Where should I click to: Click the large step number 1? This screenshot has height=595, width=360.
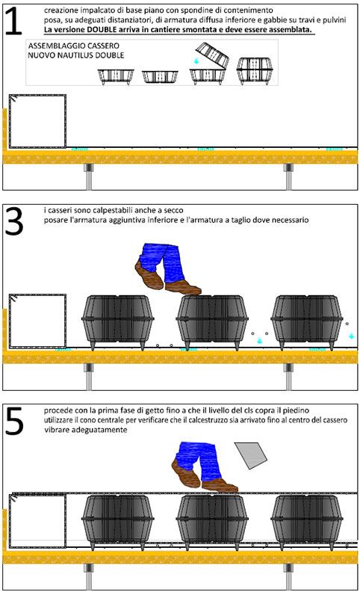point(14,21)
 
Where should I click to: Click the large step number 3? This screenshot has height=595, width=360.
point(13,221)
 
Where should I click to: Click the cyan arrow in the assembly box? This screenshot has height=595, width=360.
point(196,61)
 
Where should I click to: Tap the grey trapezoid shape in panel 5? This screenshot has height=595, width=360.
point(251,455)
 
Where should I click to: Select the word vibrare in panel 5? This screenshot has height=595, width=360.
point(54,430)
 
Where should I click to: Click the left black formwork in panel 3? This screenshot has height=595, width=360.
point(117,321)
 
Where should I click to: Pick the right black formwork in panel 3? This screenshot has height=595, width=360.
point(307,321)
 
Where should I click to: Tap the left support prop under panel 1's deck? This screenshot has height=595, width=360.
point(88,177)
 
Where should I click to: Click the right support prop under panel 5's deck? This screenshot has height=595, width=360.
point(288,577)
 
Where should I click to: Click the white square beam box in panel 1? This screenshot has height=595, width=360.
point(37,121)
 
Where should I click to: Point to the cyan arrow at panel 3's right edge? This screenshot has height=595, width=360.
point(352,336)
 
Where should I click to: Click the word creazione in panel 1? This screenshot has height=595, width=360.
point(58,10)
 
